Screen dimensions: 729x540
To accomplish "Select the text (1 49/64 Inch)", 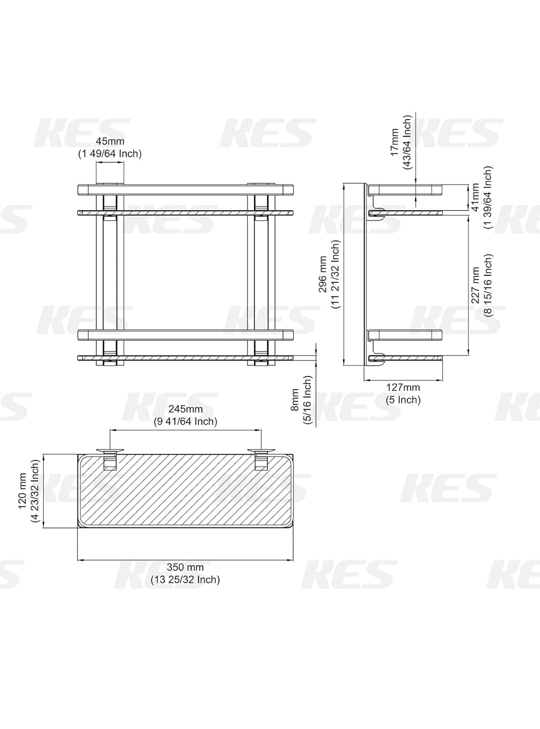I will pos(110,154).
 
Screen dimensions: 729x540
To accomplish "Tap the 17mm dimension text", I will pos(394,142).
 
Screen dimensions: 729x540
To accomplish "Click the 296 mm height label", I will pos(323,275).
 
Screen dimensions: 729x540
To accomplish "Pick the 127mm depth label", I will pos(403,388).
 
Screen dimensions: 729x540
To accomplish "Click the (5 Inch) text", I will pos(403,400).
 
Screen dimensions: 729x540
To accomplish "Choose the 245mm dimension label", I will pos(185,409).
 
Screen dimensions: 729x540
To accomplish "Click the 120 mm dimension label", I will pos(22,491).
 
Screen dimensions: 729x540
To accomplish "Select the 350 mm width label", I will pos(185,567).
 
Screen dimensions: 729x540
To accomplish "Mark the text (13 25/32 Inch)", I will pos(185,580).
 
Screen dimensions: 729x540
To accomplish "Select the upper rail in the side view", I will pos(405,190).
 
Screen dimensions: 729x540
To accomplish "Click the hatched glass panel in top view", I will pos(185,492).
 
